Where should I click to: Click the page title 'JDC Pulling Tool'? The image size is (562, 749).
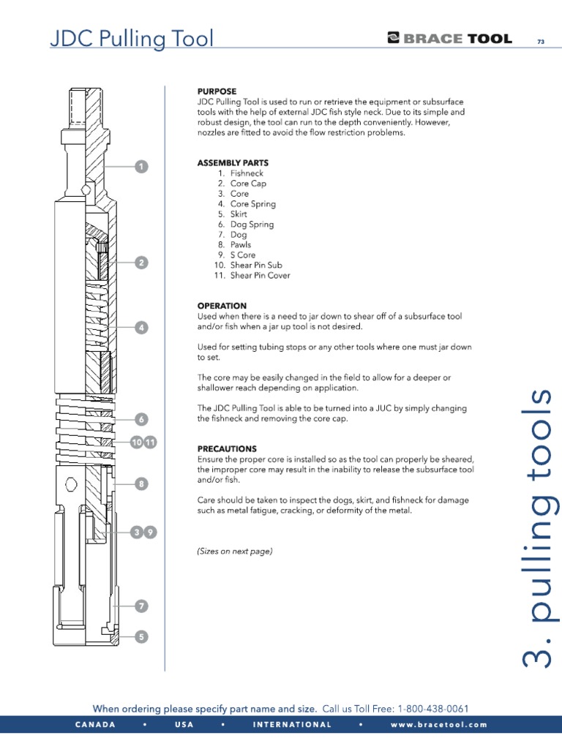[132, 38]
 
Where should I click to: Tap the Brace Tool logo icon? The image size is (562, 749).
[394, 39]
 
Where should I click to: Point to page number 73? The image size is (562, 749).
[541, 42]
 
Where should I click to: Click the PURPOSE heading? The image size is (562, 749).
[217, 91]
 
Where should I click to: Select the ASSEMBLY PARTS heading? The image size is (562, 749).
[233, 162]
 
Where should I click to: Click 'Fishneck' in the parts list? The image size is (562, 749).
[247, 173]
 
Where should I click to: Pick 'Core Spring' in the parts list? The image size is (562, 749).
[252, 204]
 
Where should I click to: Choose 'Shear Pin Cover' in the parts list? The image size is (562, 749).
[260, 276]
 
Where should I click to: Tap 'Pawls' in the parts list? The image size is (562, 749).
[241, 245]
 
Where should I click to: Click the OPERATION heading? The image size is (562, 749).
[222, 306]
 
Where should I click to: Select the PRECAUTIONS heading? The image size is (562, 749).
[227, 448]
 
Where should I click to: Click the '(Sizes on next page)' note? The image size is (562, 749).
[234, 552]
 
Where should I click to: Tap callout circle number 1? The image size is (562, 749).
[140, 167]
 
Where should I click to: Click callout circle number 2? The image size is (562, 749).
[140, 263]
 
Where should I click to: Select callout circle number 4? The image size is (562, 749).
[140, 328]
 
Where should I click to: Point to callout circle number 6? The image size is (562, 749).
[140, 419]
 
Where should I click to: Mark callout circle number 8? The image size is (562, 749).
[140, 483]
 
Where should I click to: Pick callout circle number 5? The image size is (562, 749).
[140, 637]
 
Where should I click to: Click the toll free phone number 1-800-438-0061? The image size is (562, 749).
[432, 709]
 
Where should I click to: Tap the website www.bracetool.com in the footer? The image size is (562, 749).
[438, 725]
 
